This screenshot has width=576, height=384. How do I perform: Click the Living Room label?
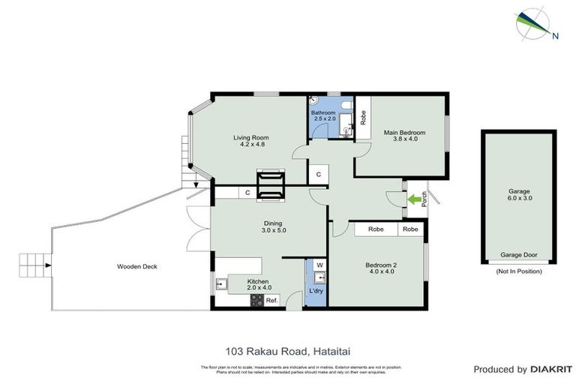[x=250, y=142]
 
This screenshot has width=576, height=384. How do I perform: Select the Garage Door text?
[x=518, y=255]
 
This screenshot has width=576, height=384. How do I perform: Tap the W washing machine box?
[x=319, y=265]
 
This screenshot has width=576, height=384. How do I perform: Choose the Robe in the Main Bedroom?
[x=363, y=118]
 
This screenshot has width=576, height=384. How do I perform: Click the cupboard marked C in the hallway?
[x=318, y=174]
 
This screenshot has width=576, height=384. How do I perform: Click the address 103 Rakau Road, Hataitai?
[x=287, y=349]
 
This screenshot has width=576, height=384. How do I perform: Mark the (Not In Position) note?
[x=518, y=271]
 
